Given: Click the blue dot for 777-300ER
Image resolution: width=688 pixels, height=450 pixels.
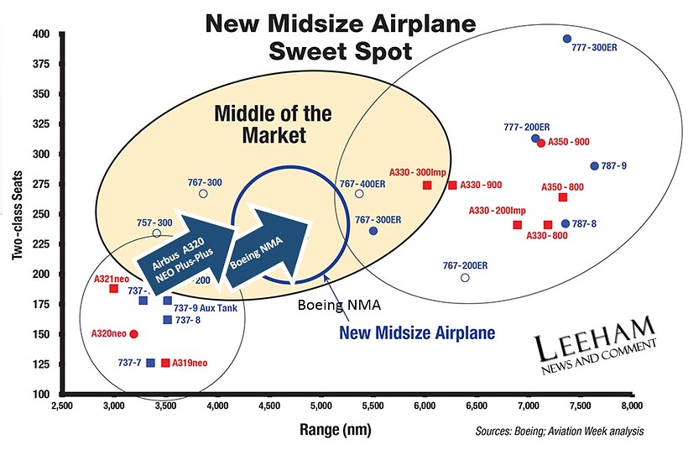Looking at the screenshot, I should (x=567, y=39).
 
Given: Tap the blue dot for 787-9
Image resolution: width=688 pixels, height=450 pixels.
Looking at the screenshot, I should (x=595, y=166).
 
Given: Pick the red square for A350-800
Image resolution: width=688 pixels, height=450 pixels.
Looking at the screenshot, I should (x=563, y=197).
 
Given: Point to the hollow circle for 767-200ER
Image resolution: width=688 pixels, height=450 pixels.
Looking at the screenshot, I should (x=465, y=278).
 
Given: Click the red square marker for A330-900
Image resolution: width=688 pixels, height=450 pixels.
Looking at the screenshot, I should (x=452, y=186).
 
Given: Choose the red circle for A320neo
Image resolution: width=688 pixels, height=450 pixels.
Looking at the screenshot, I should (x=133, y=334).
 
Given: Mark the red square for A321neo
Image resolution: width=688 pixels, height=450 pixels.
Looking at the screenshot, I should (x=113, y=289).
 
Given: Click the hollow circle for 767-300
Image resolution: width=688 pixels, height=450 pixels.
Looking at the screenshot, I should (x=203, y=194).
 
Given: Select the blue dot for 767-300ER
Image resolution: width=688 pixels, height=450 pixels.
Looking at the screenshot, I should (x=373, y=231).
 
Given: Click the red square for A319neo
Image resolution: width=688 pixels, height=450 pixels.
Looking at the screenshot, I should (x=165, y=364).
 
